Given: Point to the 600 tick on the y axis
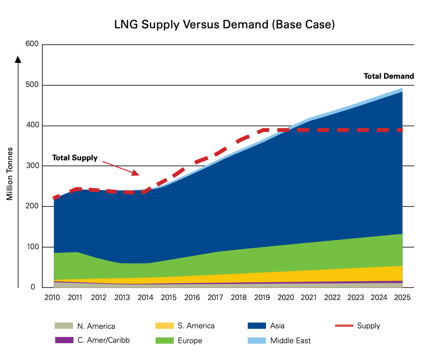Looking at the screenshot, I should point(32,45).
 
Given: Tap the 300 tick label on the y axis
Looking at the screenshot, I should point(32,166).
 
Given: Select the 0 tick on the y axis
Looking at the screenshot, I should point(33,288).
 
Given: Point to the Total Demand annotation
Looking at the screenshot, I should point(388,76).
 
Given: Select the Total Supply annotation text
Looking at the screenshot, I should point(74,157).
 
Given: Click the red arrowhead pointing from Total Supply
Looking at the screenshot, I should point(135,172).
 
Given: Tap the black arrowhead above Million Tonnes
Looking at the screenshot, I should point(18,60).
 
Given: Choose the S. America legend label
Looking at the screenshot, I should point(195,326).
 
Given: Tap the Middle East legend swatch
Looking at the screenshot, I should point(256,340).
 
